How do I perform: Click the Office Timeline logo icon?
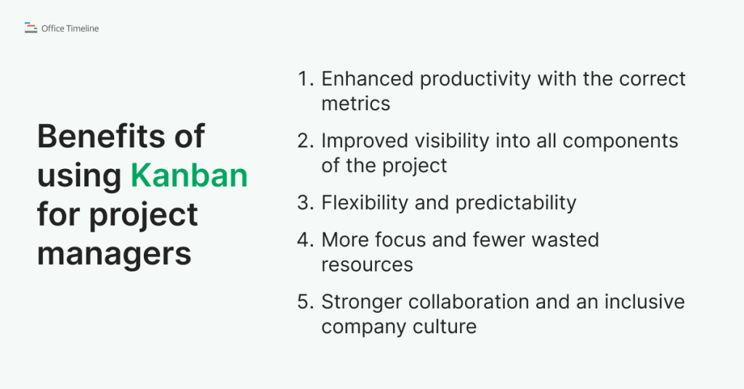31,28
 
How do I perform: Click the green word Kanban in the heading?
189,176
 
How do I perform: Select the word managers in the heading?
114,253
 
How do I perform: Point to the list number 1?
304,79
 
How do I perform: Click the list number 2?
304,141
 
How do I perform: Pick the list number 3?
304,202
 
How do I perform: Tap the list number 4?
304,239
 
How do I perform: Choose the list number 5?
304,301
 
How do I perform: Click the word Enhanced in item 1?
368,79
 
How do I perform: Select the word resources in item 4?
367,264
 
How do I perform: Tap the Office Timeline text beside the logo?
70,28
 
